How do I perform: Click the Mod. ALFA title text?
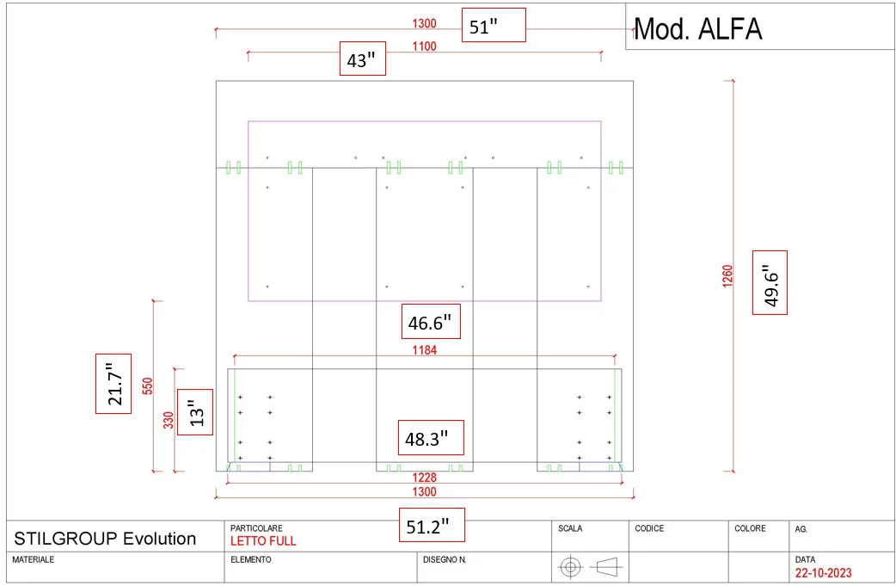pos(697,29)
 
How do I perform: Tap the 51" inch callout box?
pos(493,26)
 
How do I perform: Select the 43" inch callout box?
pos(362,59)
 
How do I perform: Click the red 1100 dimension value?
pos(424,46)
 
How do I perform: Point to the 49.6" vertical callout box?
pos(770,282)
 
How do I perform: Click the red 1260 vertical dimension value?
pos(727,275)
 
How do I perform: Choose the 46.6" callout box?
pos(431,323)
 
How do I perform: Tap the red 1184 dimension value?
pos(424,350)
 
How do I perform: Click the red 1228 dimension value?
pos(424,478)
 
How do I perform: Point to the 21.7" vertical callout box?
pos(114,383)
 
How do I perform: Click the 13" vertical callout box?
pos(195,412)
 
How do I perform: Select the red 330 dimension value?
pos(169,420)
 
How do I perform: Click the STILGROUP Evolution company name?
pos(105,539)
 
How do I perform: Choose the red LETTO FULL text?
pos(263,541)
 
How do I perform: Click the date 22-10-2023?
pos(824,572)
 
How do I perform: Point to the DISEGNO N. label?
pos(445,559)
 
